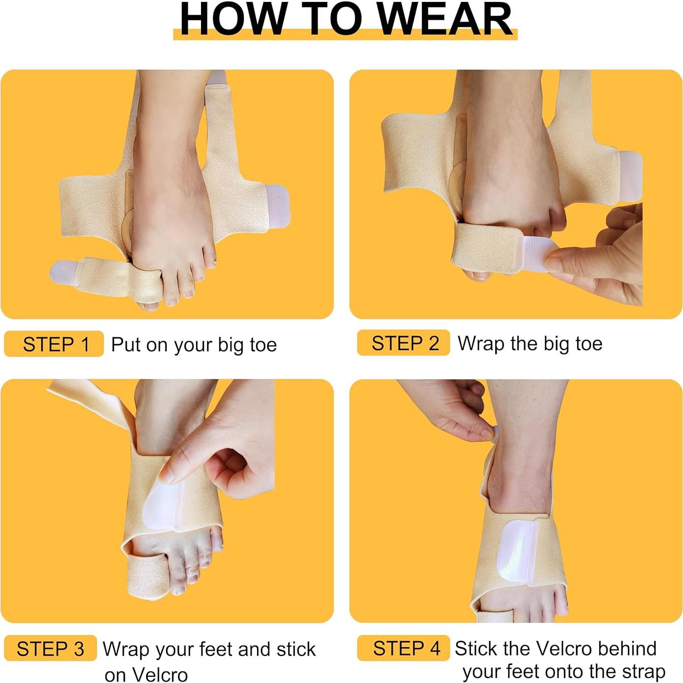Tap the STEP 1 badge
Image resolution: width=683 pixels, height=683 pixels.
(54, 344)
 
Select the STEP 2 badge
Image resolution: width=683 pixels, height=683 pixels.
(404, 343)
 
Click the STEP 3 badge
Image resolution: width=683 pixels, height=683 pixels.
(50, 649)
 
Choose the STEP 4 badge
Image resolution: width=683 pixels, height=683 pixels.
(404, 648)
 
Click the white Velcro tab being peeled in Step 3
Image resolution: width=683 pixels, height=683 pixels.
(162, 507)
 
